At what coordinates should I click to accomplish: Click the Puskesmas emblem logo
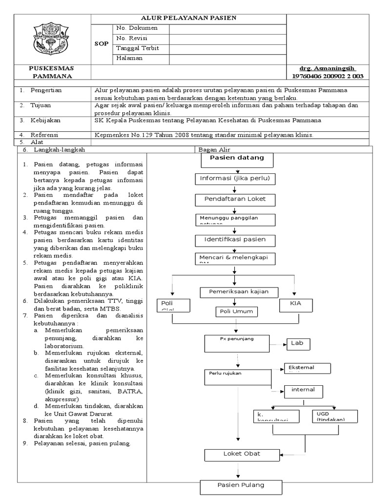pyautogui.click(x=53, y=40)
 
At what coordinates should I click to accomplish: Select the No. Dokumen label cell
pyautogui.click(x=134, y=28)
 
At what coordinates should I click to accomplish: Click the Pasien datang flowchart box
pyautogui.click(x=237, y=159)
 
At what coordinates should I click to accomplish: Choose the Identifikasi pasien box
pyautogui.click(x=235, y=240)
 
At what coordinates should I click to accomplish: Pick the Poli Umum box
pyautogui.click(x=237, y=311)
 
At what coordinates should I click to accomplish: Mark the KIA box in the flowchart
pyautogui.click(x=295, y=305)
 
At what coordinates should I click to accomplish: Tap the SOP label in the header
pyautogui.click(x=101, y=43)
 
